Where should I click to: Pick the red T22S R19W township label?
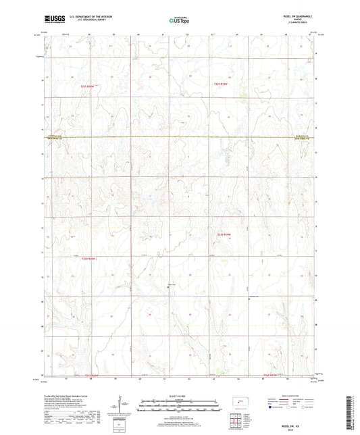(222, 84)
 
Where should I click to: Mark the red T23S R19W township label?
(224, 234)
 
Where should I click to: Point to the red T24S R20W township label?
(92, 375)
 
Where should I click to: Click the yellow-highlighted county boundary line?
(179, 138)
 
